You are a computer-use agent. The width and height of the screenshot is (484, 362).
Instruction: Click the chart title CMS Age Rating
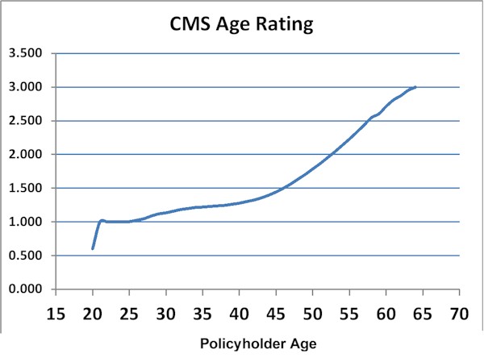click(241, 25)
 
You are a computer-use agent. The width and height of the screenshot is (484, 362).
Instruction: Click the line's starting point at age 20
click(93, 248)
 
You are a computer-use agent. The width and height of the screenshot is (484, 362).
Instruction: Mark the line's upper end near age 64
click(415, 87)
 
